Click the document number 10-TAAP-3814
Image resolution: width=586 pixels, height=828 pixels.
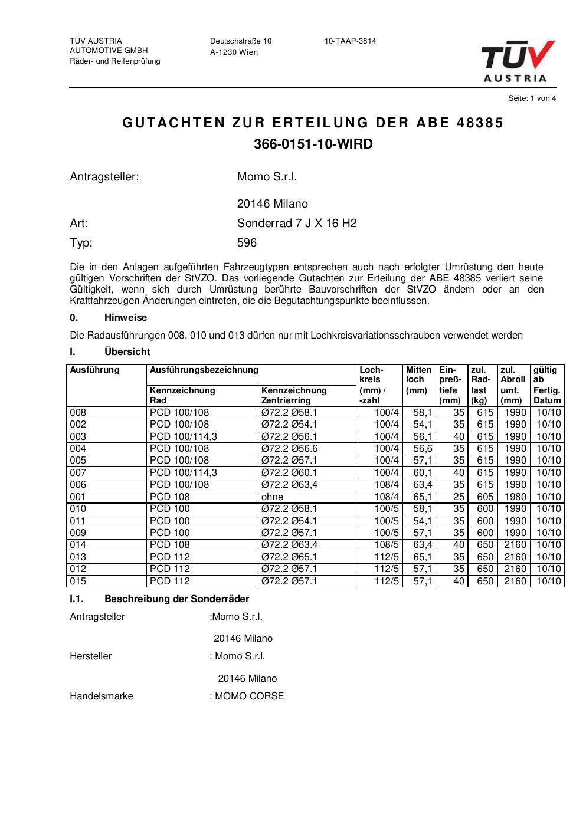[x=350, y=41]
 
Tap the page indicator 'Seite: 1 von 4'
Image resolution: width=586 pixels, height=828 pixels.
[x=532, y=98]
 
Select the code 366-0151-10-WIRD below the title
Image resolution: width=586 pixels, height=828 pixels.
[x=313, y=144]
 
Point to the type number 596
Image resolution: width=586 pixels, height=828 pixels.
[x=247, y=243]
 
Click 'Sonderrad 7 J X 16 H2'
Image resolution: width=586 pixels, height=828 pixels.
[x=297, y=224]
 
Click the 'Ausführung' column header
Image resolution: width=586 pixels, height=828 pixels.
[x=95, y=370]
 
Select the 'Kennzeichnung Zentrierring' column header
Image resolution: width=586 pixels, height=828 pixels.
[x=294, y=395]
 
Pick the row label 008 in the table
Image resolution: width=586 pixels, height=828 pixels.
[x=78, y=413]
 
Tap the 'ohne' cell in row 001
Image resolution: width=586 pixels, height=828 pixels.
[x=272, y=497]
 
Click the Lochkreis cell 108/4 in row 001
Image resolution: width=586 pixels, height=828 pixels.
[x=387, y=497]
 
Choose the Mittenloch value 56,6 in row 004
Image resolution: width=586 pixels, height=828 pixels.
[x=423, y=449]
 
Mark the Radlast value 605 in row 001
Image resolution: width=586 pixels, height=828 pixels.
[x=485, y=497]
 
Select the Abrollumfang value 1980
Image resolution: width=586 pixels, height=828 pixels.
[x=515, y=497]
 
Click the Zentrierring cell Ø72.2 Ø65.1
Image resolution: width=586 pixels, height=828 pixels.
[x=289, y=557]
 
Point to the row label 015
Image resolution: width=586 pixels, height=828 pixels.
[x=78, y=581]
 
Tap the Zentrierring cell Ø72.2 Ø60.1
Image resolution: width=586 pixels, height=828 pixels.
[x=289, y=472]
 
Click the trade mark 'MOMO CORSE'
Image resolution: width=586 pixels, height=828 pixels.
[x=249, y=696]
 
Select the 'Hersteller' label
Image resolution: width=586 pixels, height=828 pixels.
[x=90, y=656]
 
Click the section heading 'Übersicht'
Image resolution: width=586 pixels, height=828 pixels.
[x=127, y=352]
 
